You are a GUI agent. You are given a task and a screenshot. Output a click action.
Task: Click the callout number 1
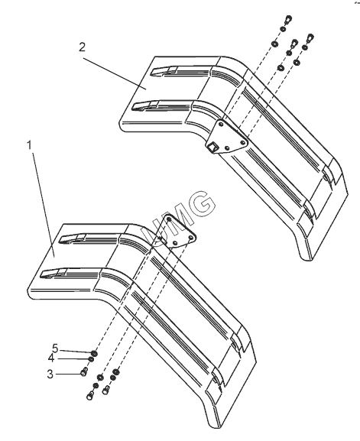point(29,145)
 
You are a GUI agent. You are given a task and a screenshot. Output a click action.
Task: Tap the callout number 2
point(82,47)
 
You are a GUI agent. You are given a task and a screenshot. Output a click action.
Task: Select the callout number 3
point(50,375)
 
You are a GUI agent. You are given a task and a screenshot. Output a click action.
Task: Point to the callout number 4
point(51,358)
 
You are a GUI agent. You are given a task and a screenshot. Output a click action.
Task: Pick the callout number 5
point(55,349)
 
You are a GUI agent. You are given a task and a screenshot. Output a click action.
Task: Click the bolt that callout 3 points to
point(84,371)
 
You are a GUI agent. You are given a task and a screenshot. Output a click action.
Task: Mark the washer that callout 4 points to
point(92,359)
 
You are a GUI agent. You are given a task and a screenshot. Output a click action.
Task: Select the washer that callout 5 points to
point(94,352)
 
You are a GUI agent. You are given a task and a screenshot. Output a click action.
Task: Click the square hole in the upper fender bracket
point(212,146)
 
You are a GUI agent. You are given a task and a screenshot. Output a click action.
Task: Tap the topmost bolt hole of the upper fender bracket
point(221,123)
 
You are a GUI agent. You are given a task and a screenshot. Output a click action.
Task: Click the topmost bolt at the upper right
point(288,20)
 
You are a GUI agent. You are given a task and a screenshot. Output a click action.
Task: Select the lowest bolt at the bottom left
point(90,395)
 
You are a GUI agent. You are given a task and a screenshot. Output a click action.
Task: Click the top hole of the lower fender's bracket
point(169,219)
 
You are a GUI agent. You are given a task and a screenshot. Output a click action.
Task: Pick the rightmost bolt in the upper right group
point(310,37)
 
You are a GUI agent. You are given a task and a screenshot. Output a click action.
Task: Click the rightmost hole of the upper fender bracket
point(243,143)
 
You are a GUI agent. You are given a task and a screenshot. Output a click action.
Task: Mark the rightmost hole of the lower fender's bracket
point(191,238)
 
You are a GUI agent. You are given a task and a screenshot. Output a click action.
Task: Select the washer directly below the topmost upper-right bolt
point(284,29)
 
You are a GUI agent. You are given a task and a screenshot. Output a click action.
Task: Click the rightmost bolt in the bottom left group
point(106,390)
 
